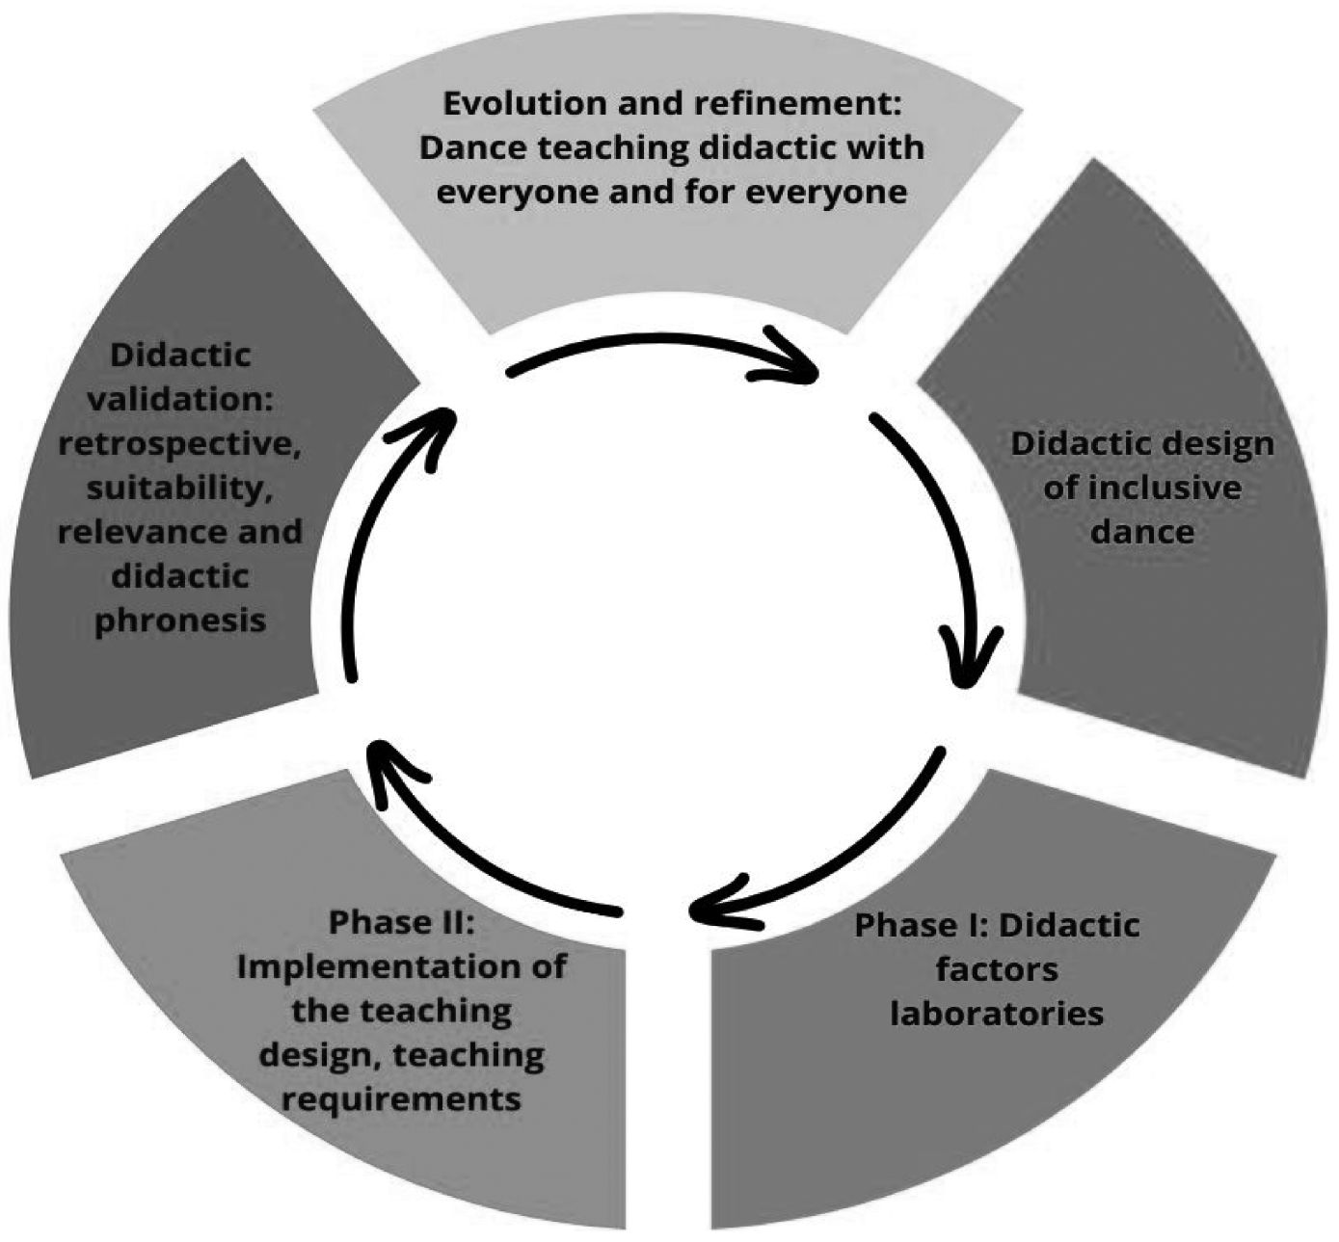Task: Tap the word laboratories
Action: click(996, 1013)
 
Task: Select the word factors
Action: click(997, 968)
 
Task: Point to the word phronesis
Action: click(179, 620)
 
